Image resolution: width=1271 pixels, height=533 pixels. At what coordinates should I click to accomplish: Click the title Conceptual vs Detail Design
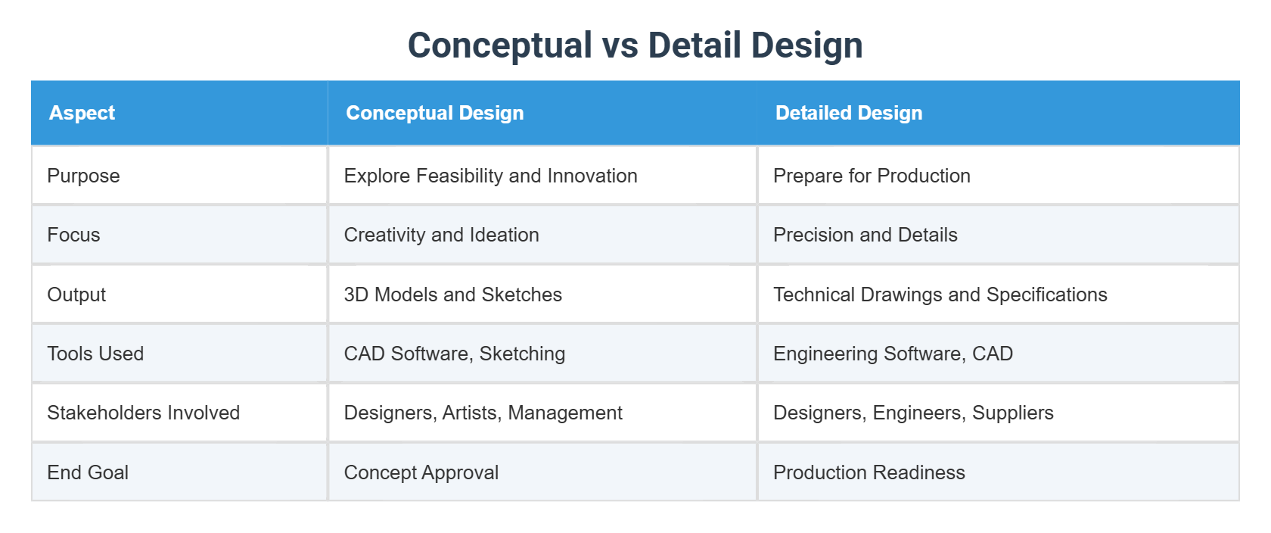click(x=635, y=45)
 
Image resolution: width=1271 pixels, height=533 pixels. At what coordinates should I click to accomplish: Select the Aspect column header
click(x=82, y=113)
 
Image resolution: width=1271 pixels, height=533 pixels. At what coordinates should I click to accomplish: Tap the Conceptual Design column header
click(x=434, y=113)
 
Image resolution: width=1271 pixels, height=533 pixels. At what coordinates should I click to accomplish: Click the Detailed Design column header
click(x=848, y=113)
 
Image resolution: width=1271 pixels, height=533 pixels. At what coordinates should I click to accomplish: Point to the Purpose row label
click(x=83, y=176)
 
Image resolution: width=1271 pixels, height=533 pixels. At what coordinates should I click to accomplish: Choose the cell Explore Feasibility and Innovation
click(x=490, y=176)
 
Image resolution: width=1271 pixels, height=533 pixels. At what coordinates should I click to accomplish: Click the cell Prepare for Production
click(x=872, y=176)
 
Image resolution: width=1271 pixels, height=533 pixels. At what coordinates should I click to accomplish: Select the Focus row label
click(x=73, y=235)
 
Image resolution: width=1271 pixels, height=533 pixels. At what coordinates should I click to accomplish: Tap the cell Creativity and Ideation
click(x=441, y=235)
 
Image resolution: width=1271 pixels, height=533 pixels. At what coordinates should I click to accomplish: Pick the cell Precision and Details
click(x=865, y=235)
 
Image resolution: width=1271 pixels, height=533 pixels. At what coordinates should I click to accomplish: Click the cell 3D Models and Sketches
click(x=452, y=295)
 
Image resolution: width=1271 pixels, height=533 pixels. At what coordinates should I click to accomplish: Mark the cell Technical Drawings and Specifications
click(x=940, y=295)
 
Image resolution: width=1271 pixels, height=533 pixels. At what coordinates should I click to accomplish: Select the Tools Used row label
click(x=95, y=354)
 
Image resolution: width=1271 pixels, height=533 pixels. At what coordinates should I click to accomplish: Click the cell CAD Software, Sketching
click(x=454, y=354)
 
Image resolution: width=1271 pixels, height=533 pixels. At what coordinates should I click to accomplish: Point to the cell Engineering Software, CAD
click(x=893, y=354)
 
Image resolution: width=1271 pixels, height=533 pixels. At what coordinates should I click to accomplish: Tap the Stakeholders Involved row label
click(x=143, y=413)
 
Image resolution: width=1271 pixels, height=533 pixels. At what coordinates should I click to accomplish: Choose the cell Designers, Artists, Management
click(x=483, y=413)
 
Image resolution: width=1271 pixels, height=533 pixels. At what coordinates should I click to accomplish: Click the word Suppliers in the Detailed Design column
click(x=1012, y=413)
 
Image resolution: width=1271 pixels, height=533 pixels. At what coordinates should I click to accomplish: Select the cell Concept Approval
click(x=421, y=472)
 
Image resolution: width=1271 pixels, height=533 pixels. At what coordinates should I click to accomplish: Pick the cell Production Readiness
click(x=869, y=472)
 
